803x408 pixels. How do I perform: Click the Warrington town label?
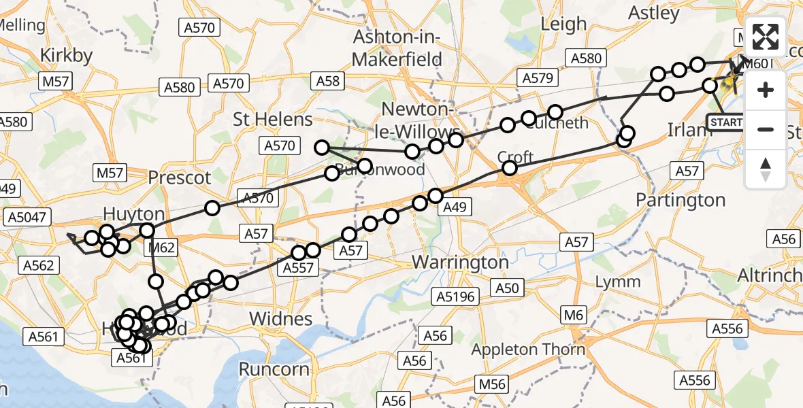click(x=461, y=262)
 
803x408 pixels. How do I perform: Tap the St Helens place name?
click(x=273, y=120)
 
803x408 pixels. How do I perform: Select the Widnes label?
click(x=281, y=319)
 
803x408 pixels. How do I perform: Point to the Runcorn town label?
click(x=274, y=369)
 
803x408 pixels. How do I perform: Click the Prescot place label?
click(x=180, y=179)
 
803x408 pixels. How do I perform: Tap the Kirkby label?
click(x=66, y=56)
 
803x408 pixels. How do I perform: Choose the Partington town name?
click(x=681, y=200)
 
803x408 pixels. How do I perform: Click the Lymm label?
click(x=617, y=282)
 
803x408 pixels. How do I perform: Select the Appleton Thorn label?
click(x=529, y=350)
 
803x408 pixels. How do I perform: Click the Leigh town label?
click(x=563, y=24)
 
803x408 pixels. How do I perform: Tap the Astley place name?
click(x=654, y=13)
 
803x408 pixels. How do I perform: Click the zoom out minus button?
click(x=766, y=129)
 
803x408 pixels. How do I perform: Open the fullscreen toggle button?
click(x=766, y=37)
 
